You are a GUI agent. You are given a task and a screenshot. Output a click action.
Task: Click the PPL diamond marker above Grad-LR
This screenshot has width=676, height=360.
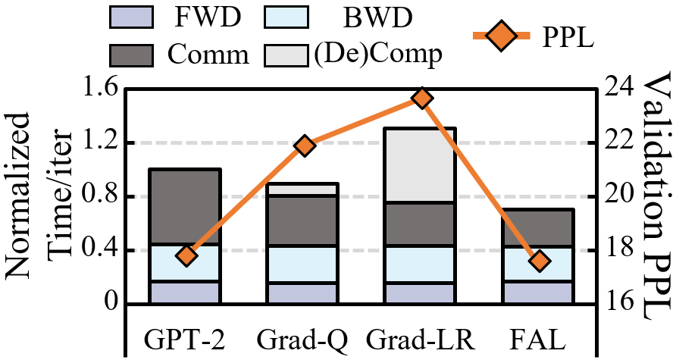(x=422, y=99)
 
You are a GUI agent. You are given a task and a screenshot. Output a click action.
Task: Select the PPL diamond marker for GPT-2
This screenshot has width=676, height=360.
(x=186, y=255)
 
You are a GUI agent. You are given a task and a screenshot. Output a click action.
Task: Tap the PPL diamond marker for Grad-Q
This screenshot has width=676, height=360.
(x=305, y=146)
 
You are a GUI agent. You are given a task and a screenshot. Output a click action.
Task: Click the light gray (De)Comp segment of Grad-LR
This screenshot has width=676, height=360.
(x=422, y=165)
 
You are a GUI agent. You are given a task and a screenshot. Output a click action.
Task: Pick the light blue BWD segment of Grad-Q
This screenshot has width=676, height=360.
(x=305, y=264)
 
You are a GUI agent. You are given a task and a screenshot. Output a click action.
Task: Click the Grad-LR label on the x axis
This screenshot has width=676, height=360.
(x=422, y=336)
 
